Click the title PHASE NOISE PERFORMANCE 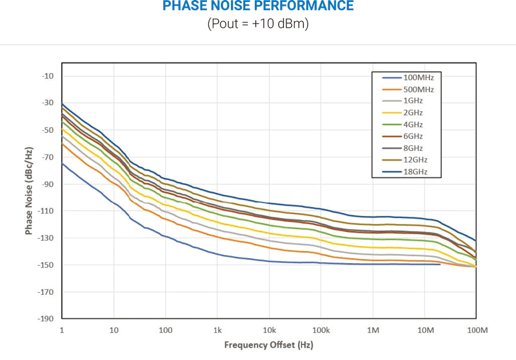click(x=258, y=6)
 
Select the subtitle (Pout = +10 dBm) click(x=258, y=25)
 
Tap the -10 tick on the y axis click(x=48, y=76)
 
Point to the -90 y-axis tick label click(x=48, y=184)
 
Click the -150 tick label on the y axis click(x=46, y=265)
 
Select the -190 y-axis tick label click(x=46, y=319)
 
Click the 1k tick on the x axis click(x=218, y=330)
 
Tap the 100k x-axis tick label click(x=321, y=330)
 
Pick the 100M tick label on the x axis click(x=476, y=330)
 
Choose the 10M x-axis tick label click(x=425, y=330)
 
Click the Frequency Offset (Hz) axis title click(x=268, y=345)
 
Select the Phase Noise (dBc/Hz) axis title click(x=30, y=190)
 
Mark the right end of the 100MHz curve click(x=440, y=264)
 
